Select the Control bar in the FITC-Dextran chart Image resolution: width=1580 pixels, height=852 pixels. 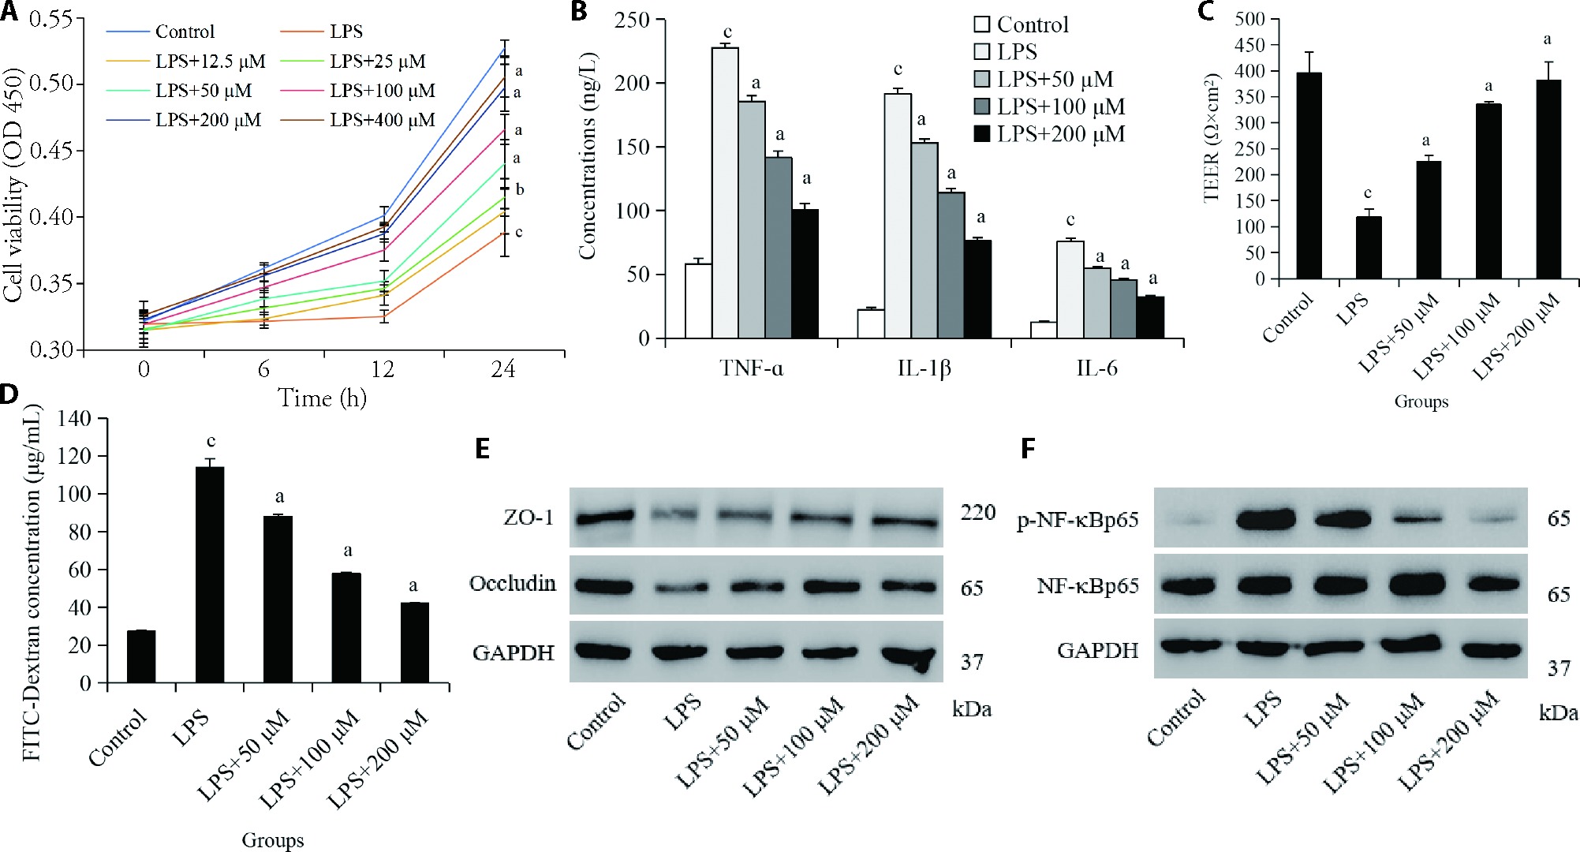coord(141,656)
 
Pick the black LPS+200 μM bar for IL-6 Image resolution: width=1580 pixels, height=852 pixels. coord(1150,317)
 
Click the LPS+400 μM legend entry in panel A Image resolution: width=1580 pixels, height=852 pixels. coord(382,120)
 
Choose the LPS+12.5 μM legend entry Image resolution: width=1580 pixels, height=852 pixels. coord(210,62)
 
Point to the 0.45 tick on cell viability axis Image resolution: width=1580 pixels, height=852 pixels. coord(52,150)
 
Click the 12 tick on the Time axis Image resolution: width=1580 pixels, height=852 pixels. coord(383,369)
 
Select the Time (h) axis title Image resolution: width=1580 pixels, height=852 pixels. coord(322,398)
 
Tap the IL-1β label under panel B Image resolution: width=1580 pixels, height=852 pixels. coord(924,368)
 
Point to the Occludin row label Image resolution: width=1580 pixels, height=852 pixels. coord(512,584)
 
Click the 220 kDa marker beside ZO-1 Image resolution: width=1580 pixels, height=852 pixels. coord(977,513)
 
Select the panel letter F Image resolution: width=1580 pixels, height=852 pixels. coord(1028,449)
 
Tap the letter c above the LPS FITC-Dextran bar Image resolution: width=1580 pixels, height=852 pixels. coord(211,441)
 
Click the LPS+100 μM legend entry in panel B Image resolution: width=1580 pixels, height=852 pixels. coord(1060,106)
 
